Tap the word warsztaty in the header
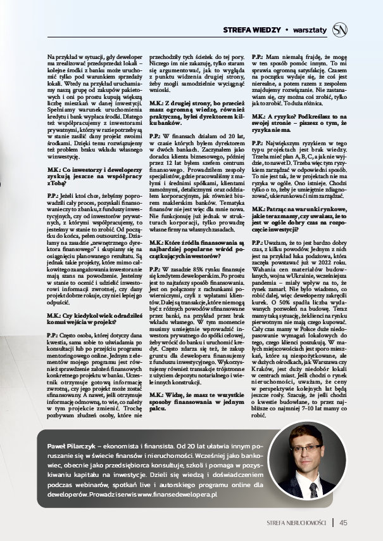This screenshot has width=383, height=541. tap(310, 30)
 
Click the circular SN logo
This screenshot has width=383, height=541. tap(341, 29)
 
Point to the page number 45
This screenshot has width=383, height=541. tap(343, 523)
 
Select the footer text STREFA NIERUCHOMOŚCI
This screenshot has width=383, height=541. tap(296, 523)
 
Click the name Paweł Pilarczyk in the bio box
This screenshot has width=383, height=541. tap(71, 447)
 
